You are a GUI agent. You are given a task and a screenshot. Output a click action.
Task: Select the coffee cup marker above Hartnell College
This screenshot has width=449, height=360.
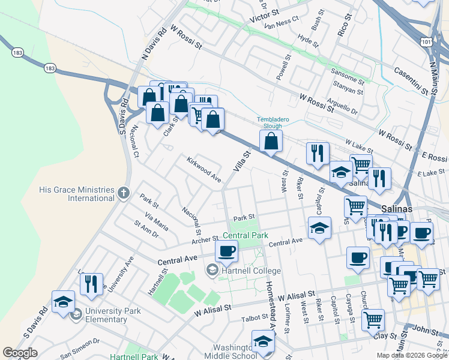226,251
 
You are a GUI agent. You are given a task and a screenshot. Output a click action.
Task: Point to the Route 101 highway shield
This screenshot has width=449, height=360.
426,43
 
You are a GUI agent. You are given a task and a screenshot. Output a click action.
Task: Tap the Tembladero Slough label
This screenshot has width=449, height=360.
273,122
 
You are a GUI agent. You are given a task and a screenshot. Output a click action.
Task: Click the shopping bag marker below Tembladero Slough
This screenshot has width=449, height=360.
271,142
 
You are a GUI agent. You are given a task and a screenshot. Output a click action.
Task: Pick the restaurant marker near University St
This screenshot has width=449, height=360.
91,284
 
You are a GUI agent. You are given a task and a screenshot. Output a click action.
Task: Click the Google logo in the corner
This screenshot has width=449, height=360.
20,353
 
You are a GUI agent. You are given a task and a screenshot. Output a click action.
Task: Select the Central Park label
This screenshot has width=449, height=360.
246,236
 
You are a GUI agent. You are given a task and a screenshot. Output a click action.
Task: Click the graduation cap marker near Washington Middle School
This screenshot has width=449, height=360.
262,341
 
